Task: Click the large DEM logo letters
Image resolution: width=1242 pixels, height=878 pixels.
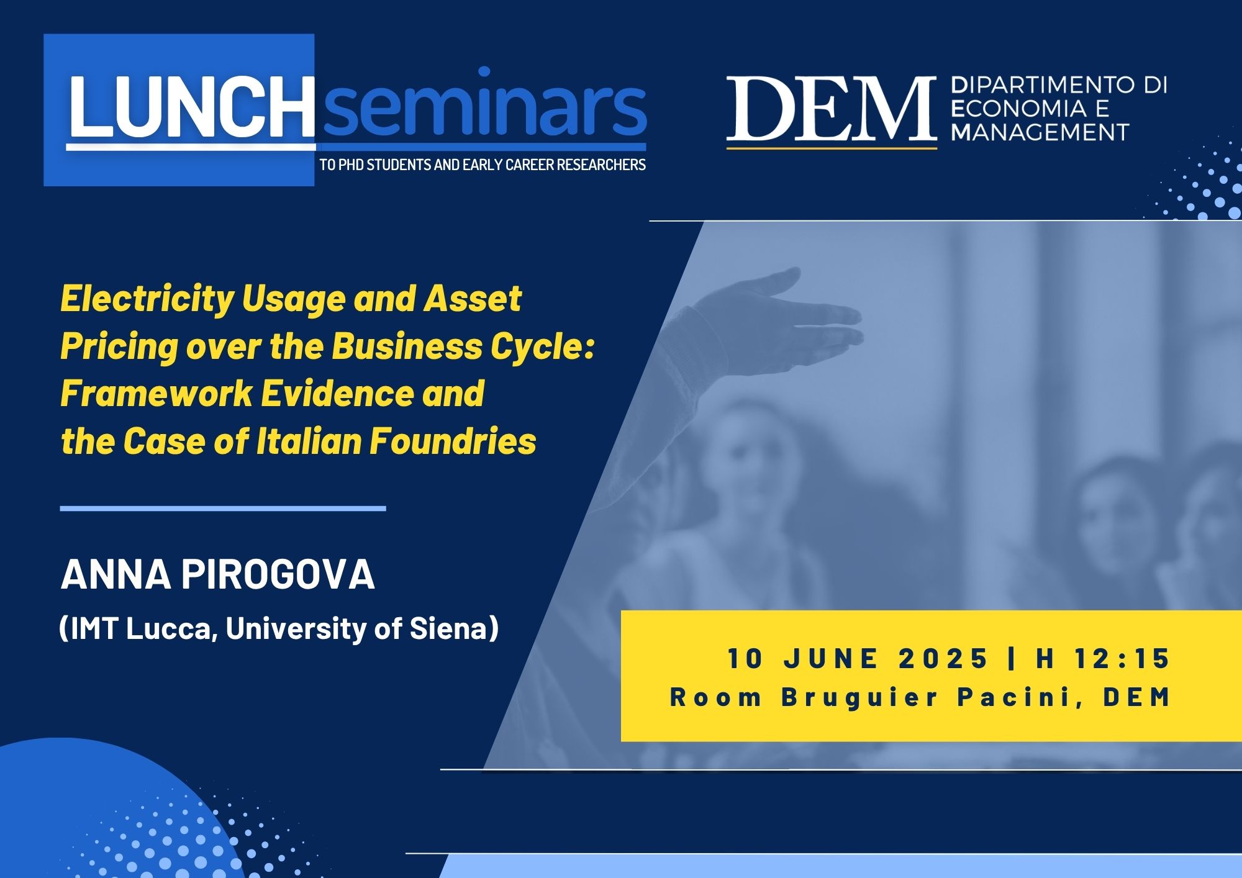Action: coord(832,109)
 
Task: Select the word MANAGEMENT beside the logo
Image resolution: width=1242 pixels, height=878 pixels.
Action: coord(1040,132)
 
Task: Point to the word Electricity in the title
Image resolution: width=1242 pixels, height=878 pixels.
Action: coord(147,300)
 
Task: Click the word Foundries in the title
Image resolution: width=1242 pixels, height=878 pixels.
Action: coord(453,441)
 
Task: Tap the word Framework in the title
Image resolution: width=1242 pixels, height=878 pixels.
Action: coord(156,394)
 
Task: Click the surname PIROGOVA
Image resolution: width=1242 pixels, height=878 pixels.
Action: coord(278,574)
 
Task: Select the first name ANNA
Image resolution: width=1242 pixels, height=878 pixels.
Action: coord(116,574)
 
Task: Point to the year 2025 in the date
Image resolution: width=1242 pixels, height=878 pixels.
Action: coord(943,659)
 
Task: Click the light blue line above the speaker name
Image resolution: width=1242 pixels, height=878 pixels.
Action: coord(223,509)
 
